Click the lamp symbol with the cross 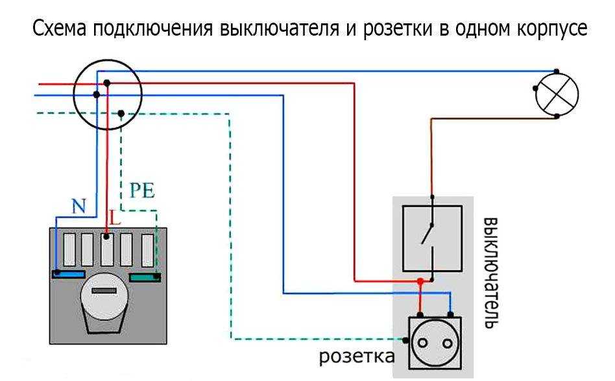556,95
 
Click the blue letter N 78,207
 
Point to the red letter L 115,219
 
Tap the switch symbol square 431,238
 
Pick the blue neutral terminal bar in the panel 67,274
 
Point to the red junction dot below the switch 420,281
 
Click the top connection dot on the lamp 557,71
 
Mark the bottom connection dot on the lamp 557,117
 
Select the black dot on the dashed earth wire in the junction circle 121,114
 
